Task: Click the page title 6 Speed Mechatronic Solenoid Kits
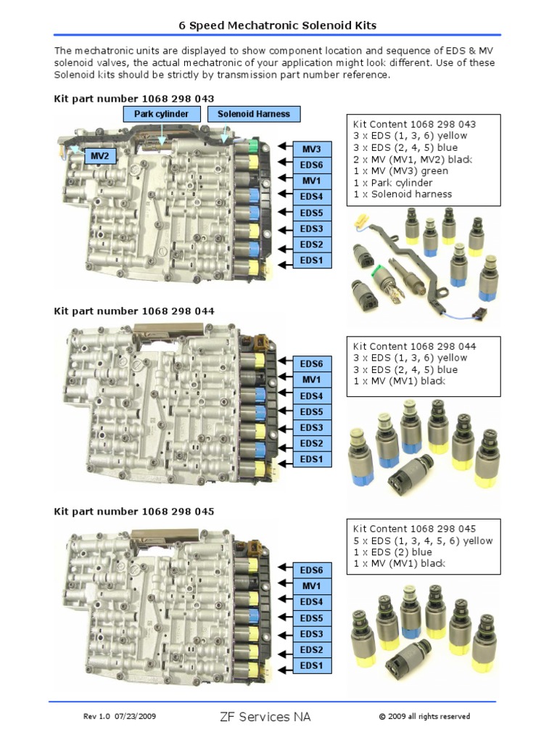(x=278, y=25)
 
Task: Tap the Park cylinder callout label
(x=161, y=114)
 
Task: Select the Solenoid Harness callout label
(x=253, y=114)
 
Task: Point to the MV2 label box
(x=99, y=156)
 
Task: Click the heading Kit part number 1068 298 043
(x=134, y=98)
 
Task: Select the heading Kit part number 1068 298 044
(x=134, y=311)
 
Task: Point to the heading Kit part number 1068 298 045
(x=134, y=511)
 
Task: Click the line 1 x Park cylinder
(x=392, y=183)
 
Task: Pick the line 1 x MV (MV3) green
(x=402, y=171)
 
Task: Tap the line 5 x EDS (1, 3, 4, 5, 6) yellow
(x=423, y=541)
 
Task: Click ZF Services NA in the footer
(x=265, y=717)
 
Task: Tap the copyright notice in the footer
(x=424, y=717)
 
